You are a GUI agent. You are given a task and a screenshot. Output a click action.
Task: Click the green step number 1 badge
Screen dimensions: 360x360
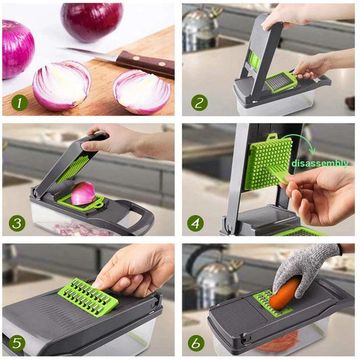(19, 103)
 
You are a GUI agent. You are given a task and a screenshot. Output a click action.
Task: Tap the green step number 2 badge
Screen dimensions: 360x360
(199, 103)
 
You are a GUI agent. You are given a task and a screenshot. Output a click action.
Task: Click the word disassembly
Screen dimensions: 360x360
(320, 163)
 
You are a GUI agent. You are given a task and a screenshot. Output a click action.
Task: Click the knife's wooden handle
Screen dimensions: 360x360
(145, 63)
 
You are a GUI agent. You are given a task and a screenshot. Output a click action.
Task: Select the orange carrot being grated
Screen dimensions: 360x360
(285, 294)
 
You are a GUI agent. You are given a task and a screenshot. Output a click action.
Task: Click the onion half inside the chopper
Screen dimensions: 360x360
(82, 193)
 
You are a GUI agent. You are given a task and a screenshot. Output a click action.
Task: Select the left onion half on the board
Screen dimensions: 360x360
(61, 85)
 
